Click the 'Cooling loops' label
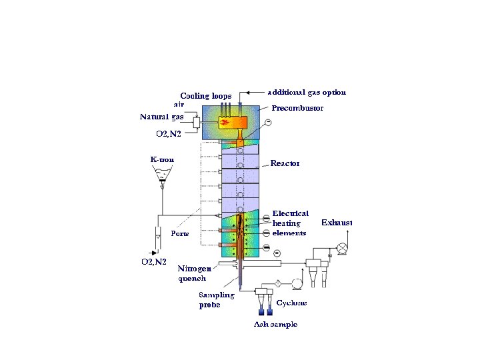206,95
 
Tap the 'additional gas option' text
307,92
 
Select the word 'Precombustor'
297,108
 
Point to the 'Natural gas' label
161,117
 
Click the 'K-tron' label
161,159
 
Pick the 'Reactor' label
285,163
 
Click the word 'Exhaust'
337,222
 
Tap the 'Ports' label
180,234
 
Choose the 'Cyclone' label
292,303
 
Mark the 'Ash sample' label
274,324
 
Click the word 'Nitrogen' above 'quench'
195,269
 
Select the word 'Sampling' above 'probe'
217,295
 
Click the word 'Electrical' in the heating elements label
290,213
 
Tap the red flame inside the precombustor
225,123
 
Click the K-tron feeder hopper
161,175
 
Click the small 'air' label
179,105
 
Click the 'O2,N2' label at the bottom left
153,262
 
